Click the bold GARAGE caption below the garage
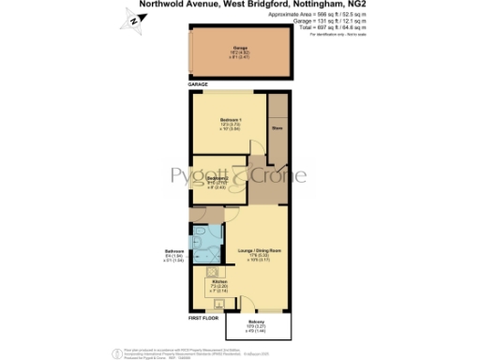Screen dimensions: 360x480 [198, 84]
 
